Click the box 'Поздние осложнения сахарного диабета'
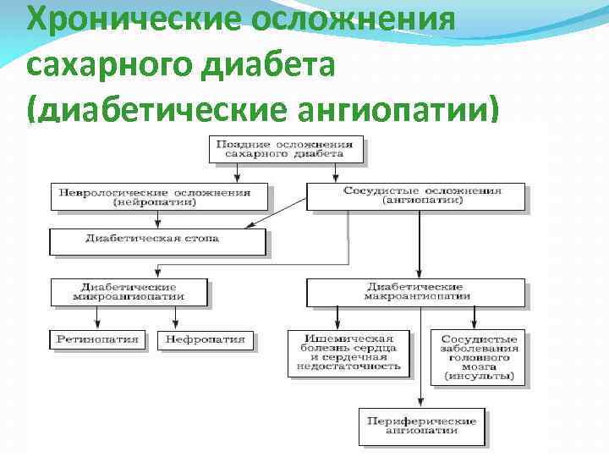[286, 148]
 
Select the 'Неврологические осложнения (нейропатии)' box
[160, 197]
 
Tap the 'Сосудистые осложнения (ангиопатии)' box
[414, 196]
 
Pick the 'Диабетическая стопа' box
[158, 240]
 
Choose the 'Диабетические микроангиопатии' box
[129, 291]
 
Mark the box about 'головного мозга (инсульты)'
[476, 356]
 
